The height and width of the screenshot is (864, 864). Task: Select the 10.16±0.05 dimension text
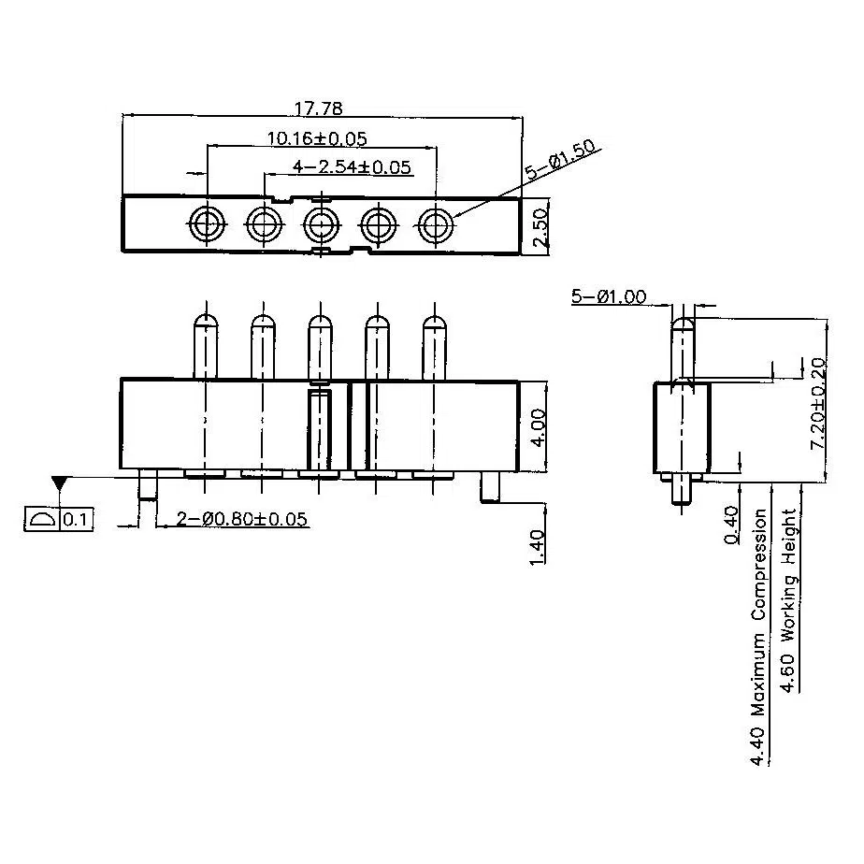coord(317,138)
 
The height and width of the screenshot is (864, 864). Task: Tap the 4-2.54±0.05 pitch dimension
coord(353,167)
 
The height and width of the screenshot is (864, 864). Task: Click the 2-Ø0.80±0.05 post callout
coord(232,520)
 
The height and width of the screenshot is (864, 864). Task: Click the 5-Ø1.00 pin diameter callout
coord(608,297)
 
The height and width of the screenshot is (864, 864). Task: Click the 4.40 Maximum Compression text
coord(760,636)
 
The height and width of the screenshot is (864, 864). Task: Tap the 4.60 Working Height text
coord(790,600)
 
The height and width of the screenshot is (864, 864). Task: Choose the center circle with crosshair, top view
coord(321,224)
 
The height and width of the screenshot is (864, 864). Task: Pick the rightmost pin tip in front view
coord(434,327)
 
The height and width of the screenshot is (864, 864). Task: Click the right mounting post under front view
coord(490,487)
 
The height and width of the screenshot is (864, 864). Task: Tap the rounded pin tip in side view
coord(683,326)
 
